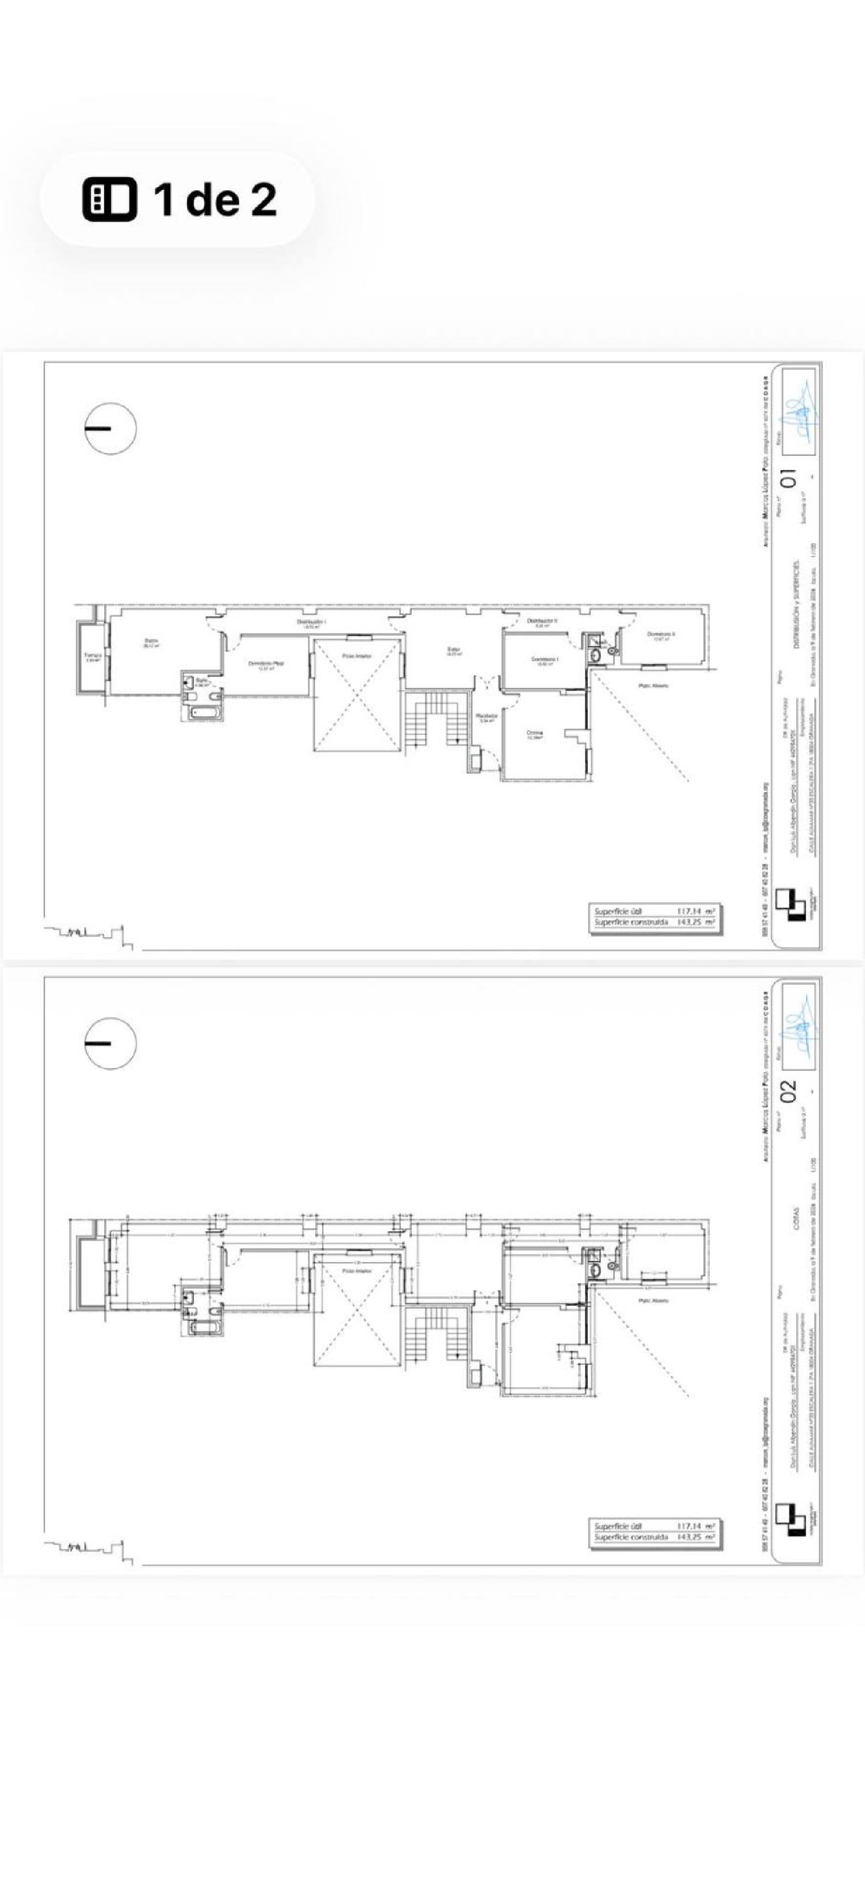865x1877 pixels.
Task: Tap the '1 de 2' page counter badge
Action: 177,198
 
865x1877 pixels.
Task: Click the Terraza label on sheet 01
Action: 92,656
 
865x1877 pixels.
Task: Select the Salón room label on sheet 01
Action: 152,643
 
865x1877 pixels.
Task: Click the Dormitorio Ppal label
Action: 265,664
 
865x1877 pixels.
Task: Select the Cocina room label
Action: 536,734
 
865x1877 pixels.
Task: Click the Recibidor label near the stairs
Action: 486,717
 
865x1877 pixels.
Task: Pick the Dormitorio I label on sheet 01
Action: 544,660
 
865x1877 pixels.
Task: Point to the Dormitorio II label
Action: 661,636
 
